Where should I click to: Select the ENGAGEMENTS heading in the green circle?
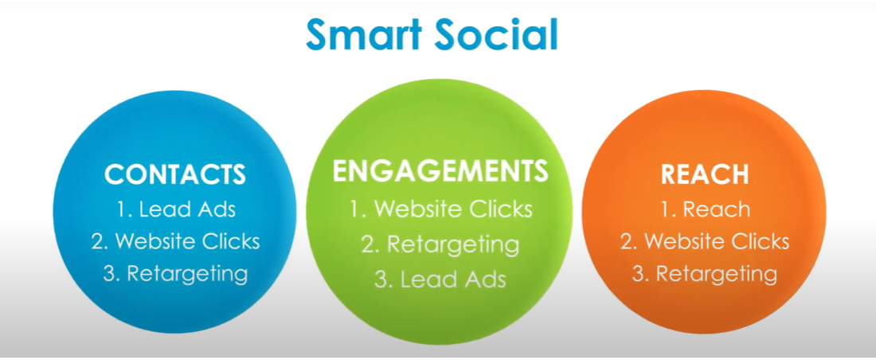(440, 171)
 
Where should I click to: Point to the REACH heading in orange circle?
(705, 174)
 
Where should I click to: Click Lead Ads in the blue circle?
(187, 209)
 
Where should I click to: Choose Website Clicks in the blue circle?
(188, 241)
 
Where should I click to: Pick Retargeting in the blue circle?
(187, 275)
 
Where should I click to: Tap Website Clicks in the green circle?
(453, 209)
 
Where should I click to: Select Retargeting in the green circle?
(453, 245)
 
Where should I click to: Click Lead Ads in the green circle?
(452, 280)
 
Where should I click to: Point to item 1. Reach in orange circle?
(705, 209)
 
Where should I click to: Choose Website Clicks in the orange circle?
(717, 241)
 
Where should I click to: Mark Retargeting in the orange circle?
(716, 275)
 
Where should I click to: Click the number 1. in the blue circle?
(123, 209)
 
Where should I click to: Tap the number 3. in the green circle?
(383, 280)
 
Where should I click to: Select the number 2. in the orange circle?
(629, 241)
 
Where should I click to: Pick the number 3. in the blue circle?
(111, 275)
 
